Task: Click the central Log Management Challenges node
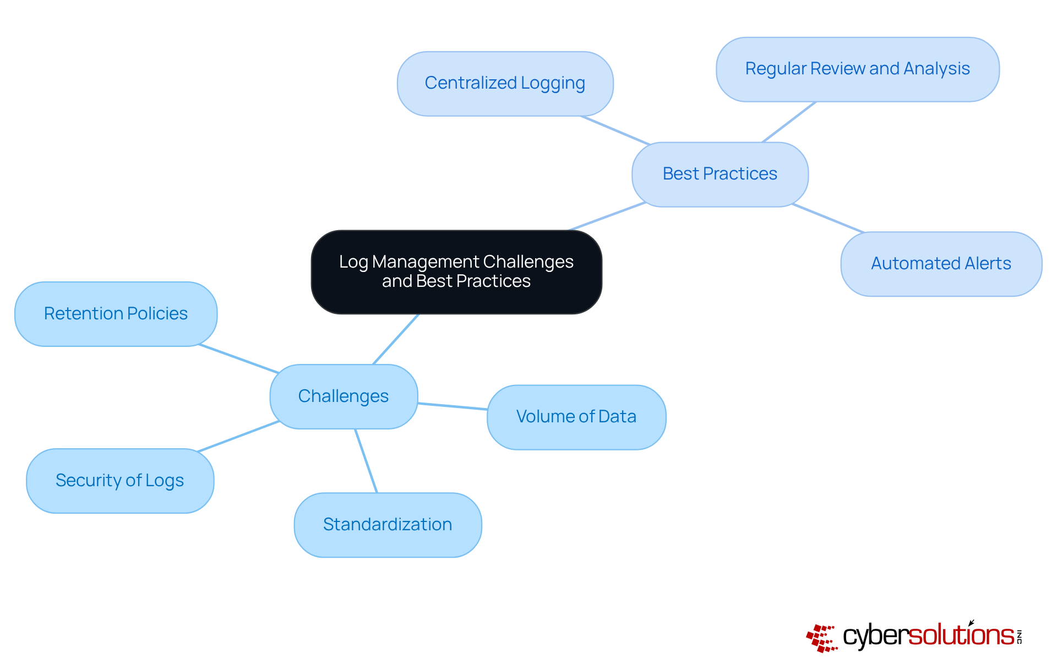pyautogui.click(x=456, y=271)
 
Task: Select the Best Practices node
pyautogui.click(x=720, y=174)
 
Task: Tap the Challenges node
pyautogui.click(x=344, y=396)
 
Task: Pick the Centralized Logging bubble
pyautogui.click(x=505, y=83)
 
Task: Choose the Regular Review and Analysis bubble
pyautogui.click(x=857, y=69)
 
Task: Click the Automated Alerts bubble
pyautogui.click(x=941, y=264)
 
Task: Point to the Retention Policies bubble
pyautogui.click(x=116, y=314)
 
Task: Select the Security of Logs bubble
pyautogui.click(x=119, y=481)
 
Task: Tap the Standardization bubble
pyautogui.click(x=388, y=525)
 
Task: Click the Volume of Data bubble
pyautogui.click(x=576, y=417)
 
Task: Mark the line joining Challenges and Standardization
pyautogui.click(x=366, y=461)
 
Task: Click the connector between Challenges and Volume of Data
pyautogui.click(x=453, y=406)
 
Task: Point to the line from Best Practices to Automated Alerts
pyautogui.click(x=827, y=218)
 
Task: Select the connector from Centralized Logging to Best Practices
pyautogui.click(x=615, y=130)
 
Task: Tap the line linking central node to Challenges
pyautogui.click(x=396, y=339)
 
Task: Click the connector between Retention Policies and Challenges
pyautogui.click(x=238, y=359)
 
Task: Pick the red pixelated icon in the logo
pyautogui.click(x=821, y=638)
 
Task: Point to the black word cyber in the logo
pyautogui.click(x=875, y=637)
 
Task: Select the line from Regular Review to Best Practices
pyautogui.click(x=789, y=122)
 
